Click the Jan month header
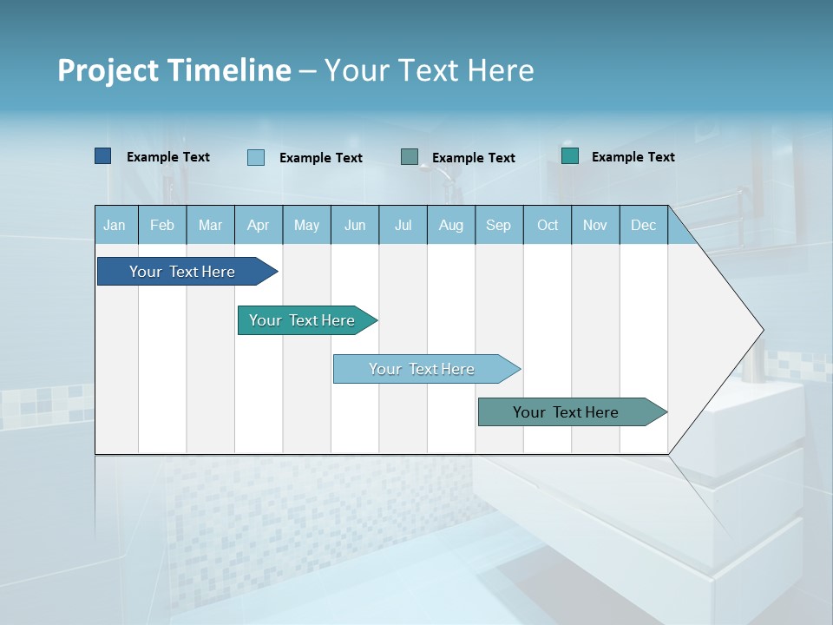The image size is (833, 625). click(115, 225)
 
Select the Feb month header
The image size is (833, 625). click(162, 225)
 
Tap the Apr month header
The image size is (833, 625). click(259, 225)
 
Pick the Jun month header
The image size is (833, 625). click(355, 225)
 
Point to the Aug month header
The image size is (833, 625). click(451, 225)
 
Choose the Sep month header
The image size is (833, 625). click(499, 225)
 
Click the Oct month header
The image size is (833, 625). click(548, 225)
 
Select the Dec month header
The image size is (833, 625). click(644, 225)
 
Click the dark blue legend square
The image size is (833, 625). click(102, 156)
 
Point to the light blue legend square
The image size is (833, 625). click(256, 157)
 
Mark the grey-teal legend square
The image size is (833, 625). click(410, 157)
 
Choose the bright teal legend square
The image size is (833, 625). click(570, 156)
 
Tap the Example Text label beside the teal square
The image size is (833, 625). click(633, 157)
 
